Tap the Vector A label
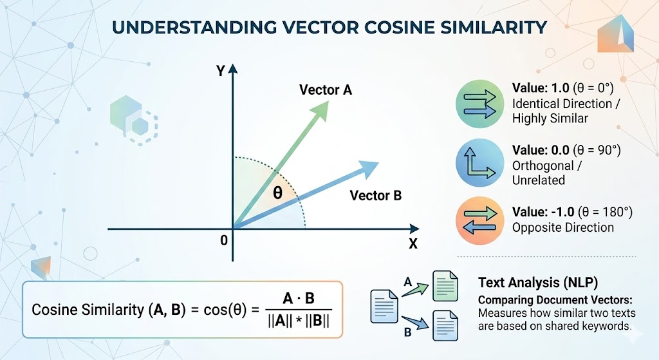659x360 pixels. tap(326, 90)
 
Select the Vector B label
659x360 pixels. tap(375, 195)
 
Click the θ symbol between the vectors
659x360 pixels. tap(277, 193)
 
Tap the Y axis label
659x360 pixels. tap(220, 71)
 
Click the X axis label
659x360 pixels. tap(413, 244)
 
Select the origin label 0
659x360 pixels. tap(223, 240)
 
